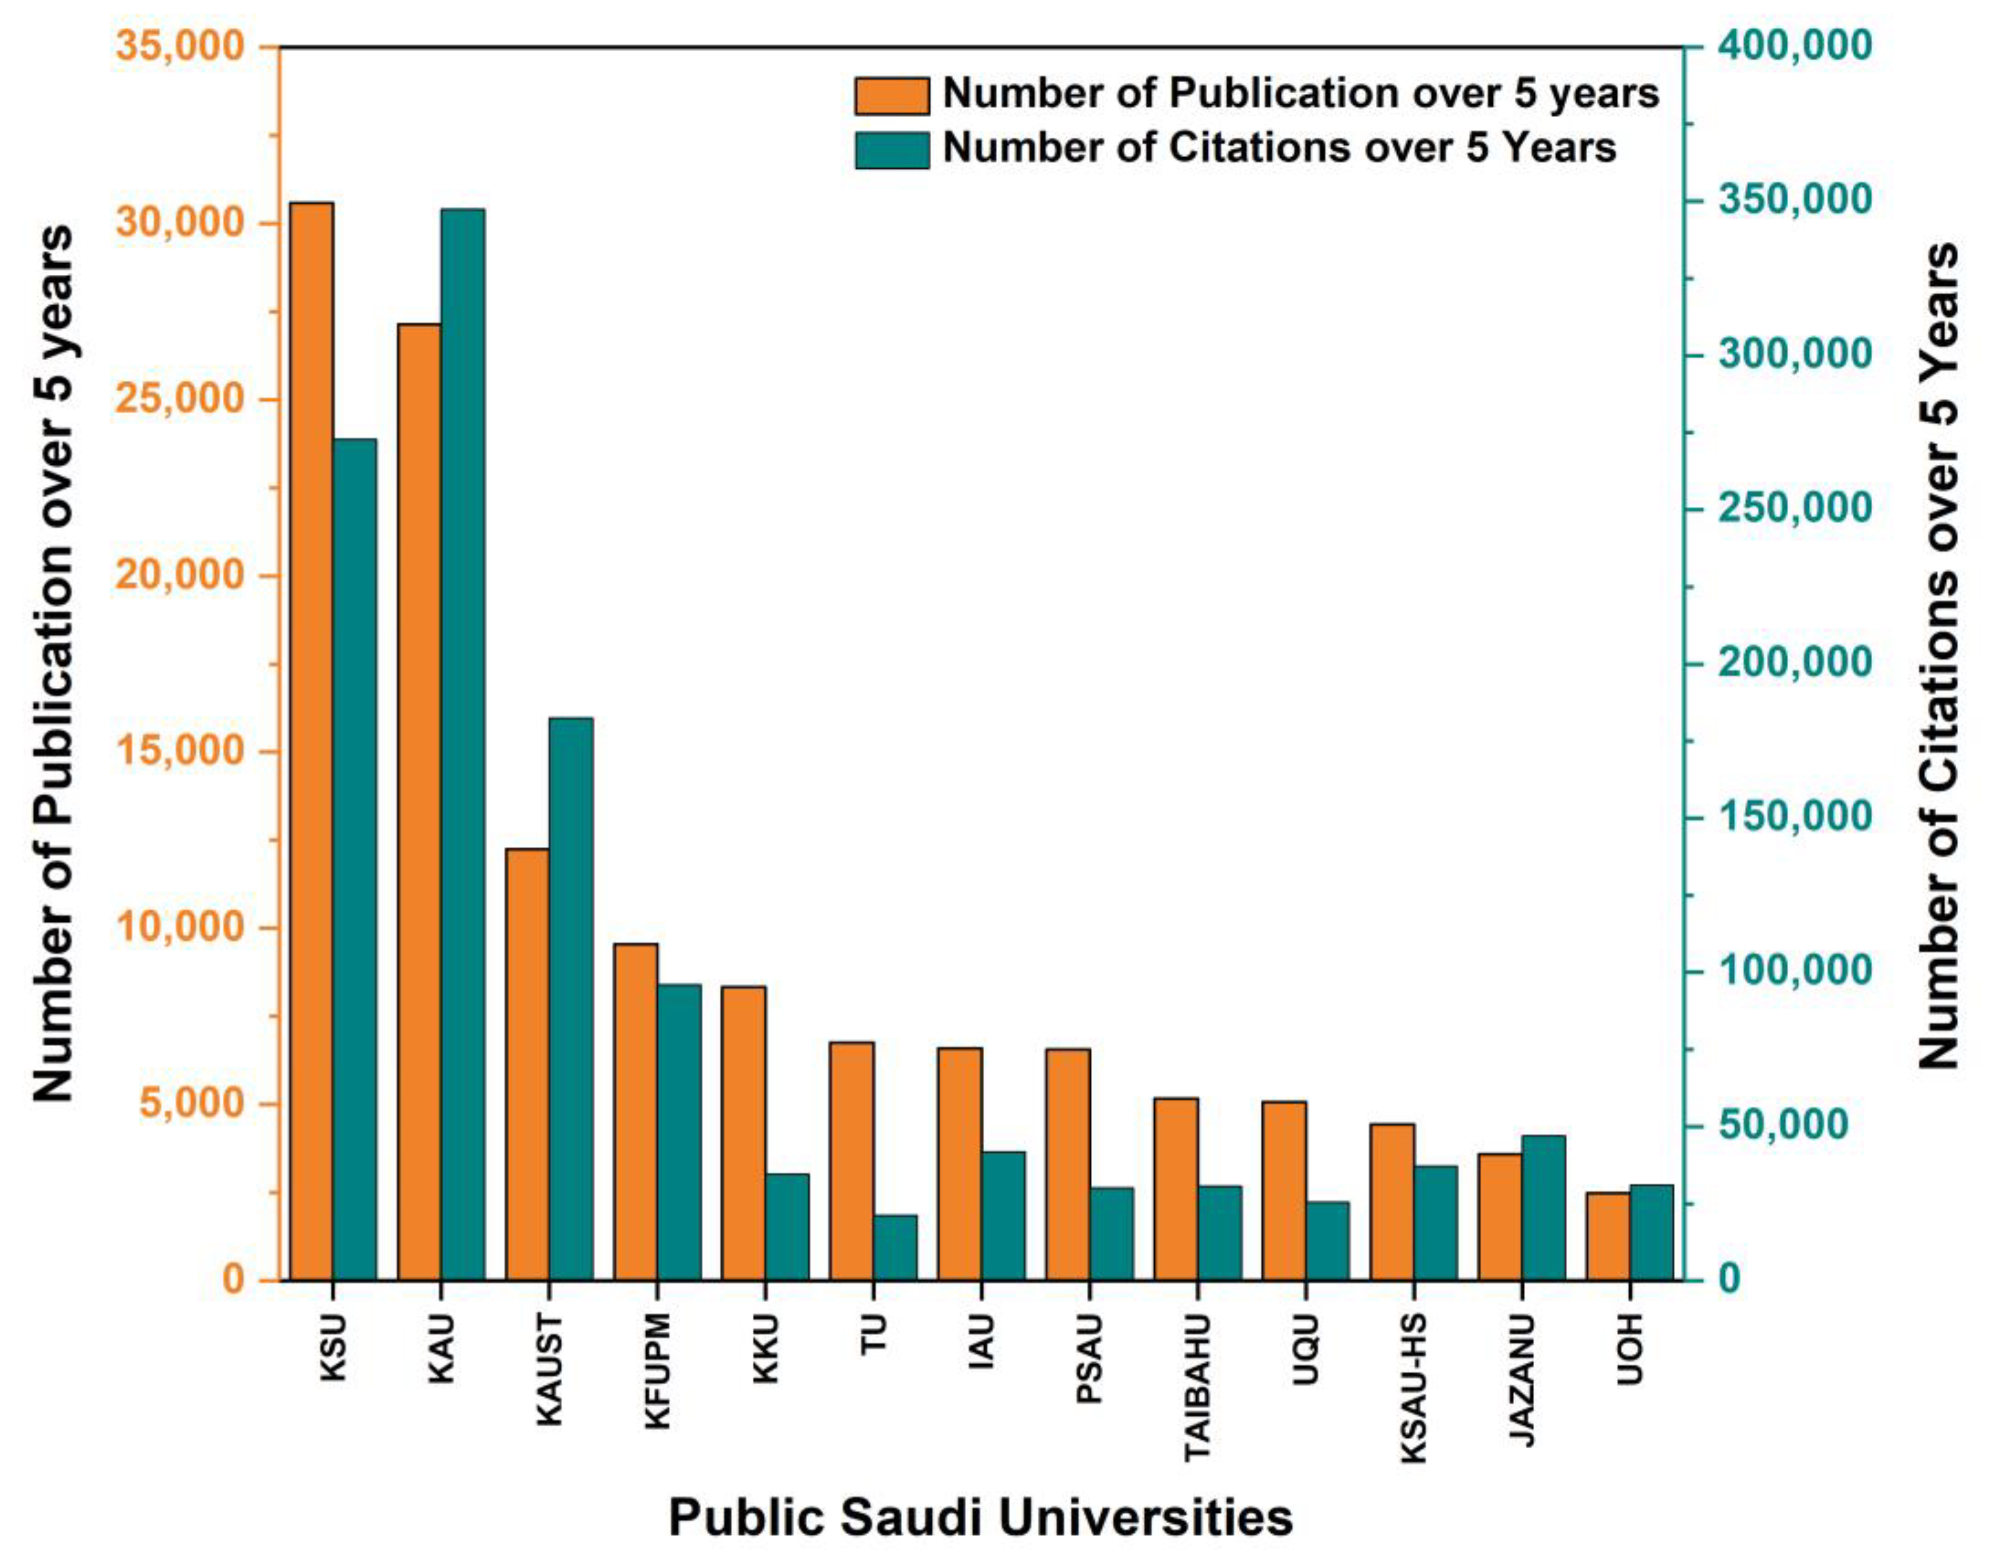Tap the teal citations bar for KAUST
pos(570,998)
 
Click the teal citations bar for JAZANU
pos(1543,1207)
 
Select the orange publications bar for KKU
pos(743,1133)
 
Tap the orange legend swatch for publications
pos(892,95)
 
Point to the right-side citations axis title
pos(1938,655)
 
